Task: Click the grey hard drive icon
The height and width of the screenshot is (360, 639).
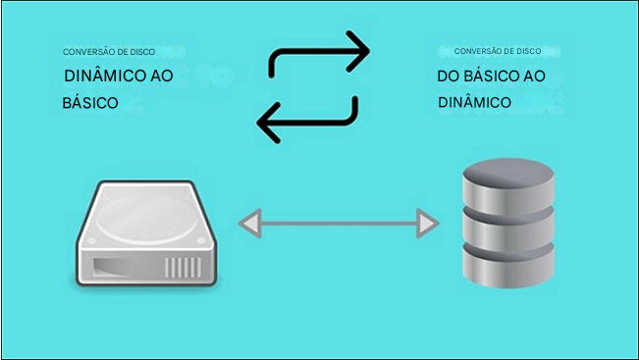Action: [148, 234]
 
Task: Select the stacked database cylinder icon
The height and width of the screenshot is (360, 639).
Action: [506, 225]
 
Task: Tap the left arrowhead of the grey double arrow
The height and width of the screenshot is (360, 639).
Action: [249, 224]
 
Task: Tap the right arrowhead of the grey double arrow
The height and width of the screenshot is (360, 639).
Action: [427, 224]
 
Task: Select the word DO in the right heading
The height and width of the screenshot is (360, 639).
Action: [449, 77]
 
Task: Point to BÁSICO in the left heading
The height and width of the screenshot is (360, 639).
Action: [90, 101]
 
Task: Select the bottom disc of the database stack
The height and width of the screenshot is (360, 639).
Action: [506, 269]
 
